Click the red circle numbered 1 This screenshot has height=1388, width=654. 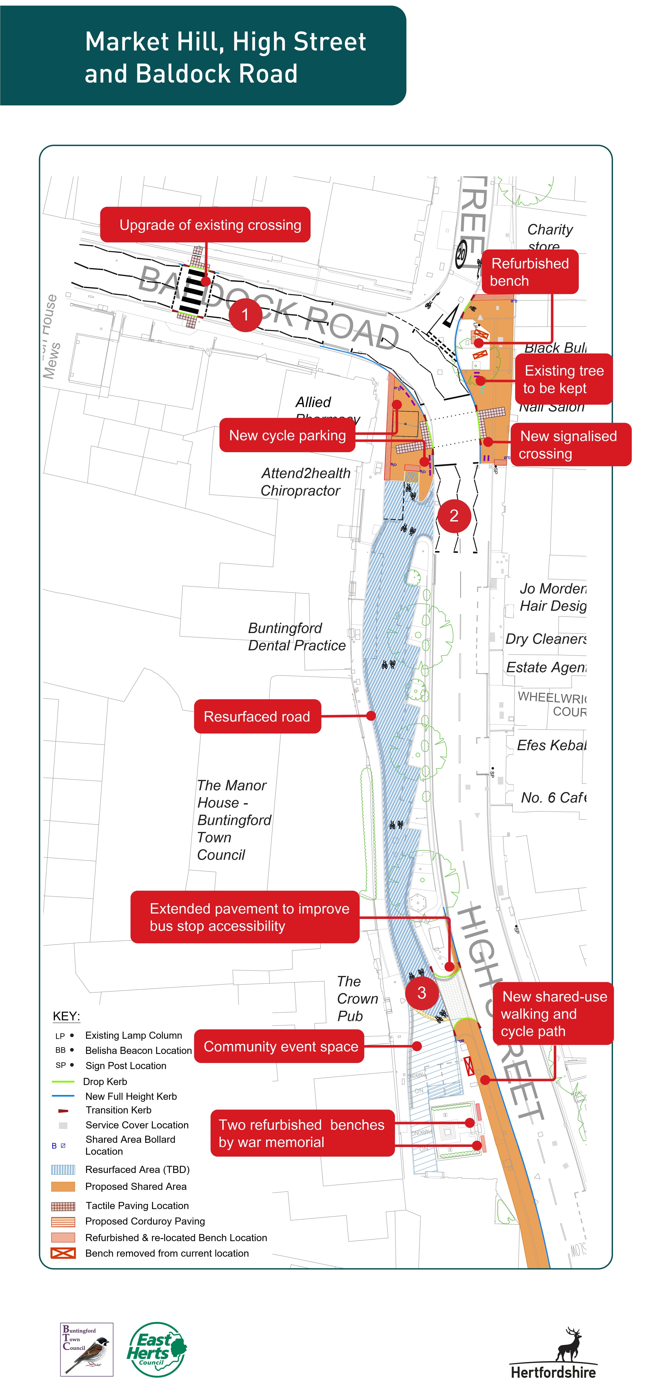click(x=245, y=315)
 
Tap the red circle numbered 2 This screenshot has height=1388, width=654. click(x=454, y=516)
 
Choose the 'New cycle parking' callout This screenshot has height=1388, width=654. click(x=287, y=435)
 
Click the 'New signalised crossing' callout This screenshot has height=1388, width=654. click(x=570, y=444)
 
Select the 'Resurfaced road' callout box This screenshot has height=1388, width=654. click(x=257, y=717)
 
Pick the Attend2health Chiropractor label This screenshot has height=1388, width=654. click(x=305, y=482)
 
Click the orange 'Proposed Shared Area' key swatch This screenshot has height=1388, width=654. click(x=63, y=1186)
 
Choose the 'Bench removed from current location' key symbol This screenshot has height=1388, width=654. click(x=63, y=1253)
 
